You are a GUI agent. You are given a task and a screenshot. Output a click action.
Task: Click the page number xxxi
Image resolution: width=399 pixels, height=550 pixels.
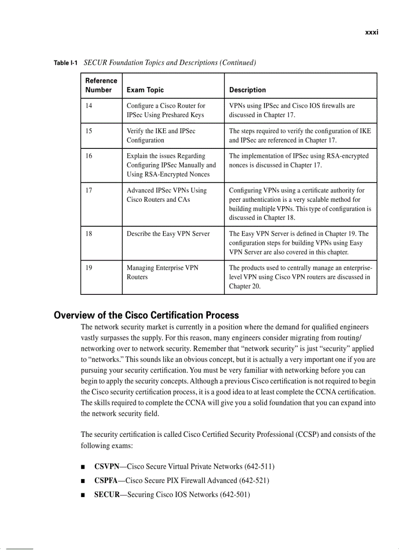click(372, 32)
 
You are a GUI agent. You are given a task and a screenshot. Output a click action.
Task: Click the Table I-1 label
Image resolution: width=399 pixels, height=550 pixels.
click(66, 63)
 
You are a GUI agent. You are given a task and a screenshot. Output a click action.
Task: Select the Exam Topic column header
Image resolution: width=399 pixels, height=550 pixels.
click(145, 90)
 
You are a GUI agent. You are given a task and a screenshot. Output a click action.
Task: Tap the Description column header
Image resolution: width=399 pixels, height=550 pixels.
click(247, 90)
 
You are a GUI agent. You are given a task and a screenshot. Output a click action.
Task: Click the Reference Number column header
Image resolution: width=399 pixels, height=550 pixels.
click(101, 85)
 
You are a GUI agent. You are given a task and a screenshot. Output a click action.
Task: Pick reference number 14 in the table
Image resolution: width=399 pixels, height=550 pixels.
click(89, 106)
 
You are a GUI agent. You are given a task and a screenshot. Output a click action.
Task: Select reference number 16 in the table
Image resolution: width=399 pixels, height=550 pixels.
click(89, 156)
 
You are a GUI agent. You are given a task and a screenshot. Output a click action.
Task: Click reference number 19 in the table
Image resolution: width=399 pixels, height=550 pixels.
click(89, 268)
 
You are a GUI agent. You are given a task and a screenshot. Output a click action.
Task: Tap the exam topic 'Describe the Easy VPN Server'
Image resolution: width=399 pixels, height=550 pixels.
click(168, 234)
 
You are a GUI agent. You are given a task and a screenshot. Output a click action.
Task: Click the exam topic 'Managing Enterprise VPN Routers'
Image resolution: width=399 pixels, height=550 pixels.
click(162, 273)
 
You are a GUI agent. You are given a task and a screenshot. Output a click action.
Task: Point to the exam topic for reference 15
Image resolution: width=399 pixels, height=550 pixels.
click(161, 136)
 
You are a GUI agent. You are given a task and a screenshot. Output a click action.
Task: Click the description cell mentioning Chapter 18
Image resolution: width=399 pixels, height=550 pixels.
click(300, 204)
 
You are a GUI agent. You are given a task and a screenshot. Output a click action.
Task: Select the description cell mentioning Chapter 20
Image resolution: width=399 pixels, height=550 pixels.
click(300, 277)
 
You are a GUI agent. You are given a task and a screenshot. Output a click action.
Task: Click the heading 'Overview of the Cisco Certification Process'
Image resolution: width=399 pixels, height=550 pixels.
click(146, 315)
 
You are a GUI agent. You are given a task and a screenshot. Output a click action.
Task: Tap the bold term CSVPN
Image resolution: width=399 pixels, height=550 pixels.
click(108, 466)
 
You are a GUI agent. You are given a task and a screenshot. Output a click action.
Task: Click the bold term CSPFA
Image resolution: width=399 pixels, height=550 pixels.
click(107, 480)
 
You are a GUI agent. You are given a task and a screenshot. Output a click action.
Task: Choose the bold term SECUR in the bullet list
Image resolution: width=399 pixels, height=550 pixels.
click(107, 495)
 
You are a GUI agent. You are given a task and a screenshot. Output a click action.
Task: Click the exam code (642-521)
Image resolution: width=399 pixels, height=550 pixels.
click(254, 480)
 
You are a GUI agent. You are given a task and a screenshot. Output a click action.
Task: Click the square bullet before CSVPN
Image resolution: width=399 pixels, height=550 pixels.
click(84, 467)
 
